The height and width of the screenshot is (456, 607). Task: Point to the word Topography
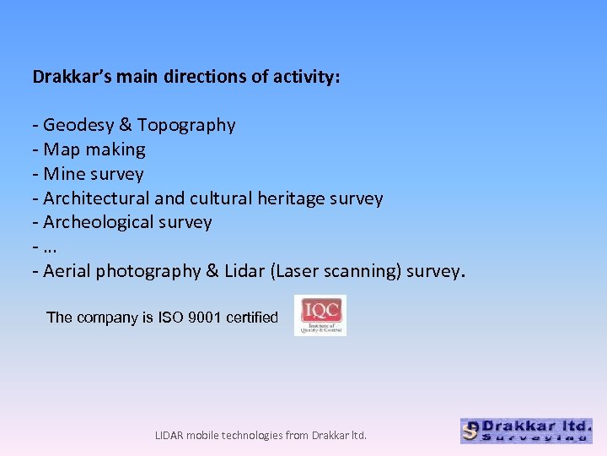tap(186, 126)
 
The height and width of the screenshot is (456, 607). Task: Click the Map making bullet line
tap(89, 150)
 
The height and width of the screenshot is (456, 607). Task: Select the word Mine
tap(62, 175)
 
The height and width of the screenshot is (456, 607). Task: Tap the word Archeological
tap(98, 223)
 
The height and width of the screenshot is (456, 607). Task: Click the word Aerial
tap(67, 272)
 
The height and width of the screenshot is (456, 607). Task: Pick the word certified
tap(253, 318)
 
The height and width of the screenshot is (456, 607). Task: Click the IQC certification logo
tap(320, 315)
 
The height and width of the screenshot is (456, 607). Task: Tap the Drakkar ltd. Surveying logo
tap(526, 431)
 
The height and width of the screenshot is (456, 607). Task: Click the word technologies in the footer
tap(251, 436)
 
